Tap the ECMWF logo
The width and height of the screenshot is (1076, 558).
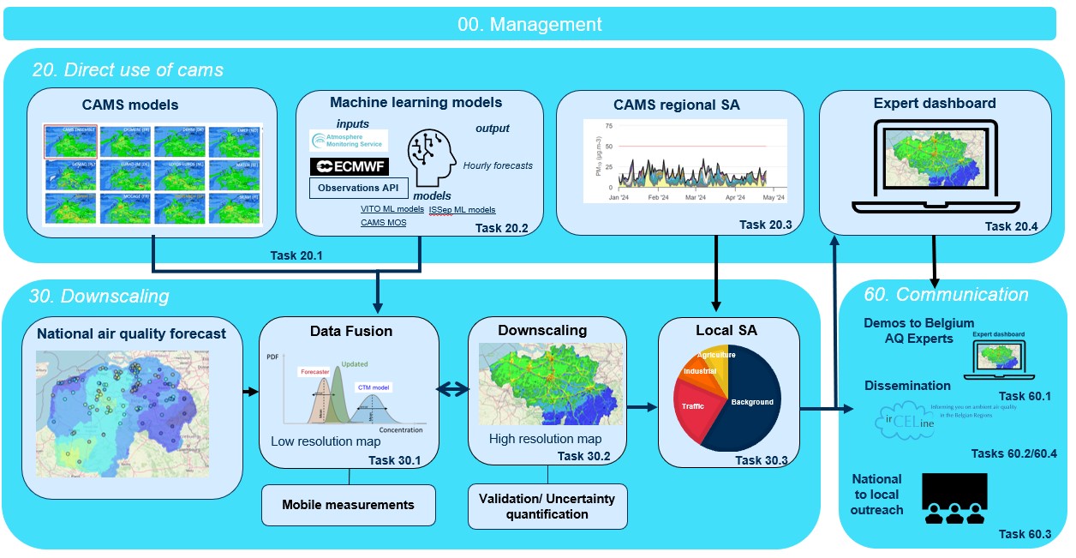tap(349, 166)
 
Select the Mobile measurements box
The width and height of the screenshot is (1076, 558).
tap(348, 505)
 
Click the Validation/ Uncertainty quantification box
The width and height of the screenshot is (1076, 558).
tap(547, 506)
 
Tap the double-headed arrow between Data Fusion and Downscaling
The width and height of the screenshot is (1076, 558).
tap(453, 390)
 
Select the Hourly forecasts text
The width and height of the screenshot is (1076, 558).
tap(497, 166)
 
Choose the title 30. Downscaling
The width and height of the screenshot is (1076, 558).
tap(100, 297)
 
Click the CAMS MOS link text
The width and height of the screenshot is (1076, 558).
tap(383, 223)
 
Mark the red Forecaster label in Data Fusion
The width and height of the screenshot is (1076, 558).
tap(314, 372)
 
